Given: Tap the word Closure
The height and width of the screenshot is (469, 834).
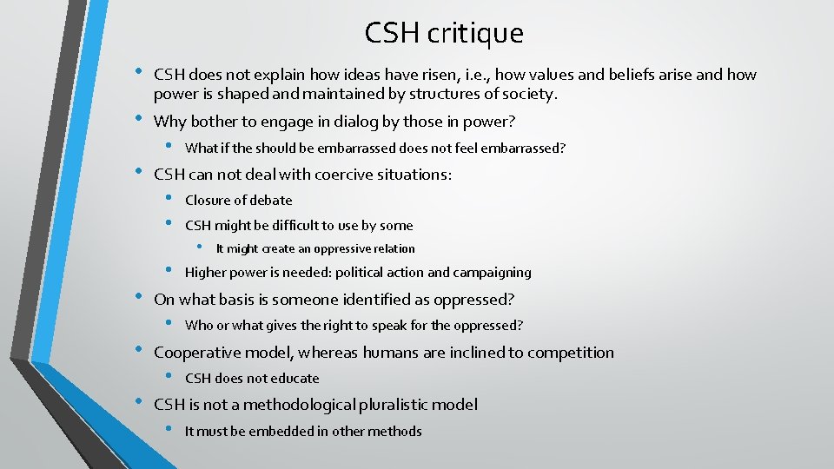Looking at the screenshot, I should coord(207,200).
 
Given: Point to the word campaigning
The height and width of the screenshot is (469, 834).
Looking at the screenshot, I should coord(491,272).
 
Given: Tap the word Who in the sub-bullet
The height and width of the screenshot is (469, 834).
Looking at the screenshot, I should coord(199,326).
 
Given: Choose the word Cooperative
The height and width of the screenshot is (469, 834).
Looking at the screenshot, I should coord(199,353).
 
